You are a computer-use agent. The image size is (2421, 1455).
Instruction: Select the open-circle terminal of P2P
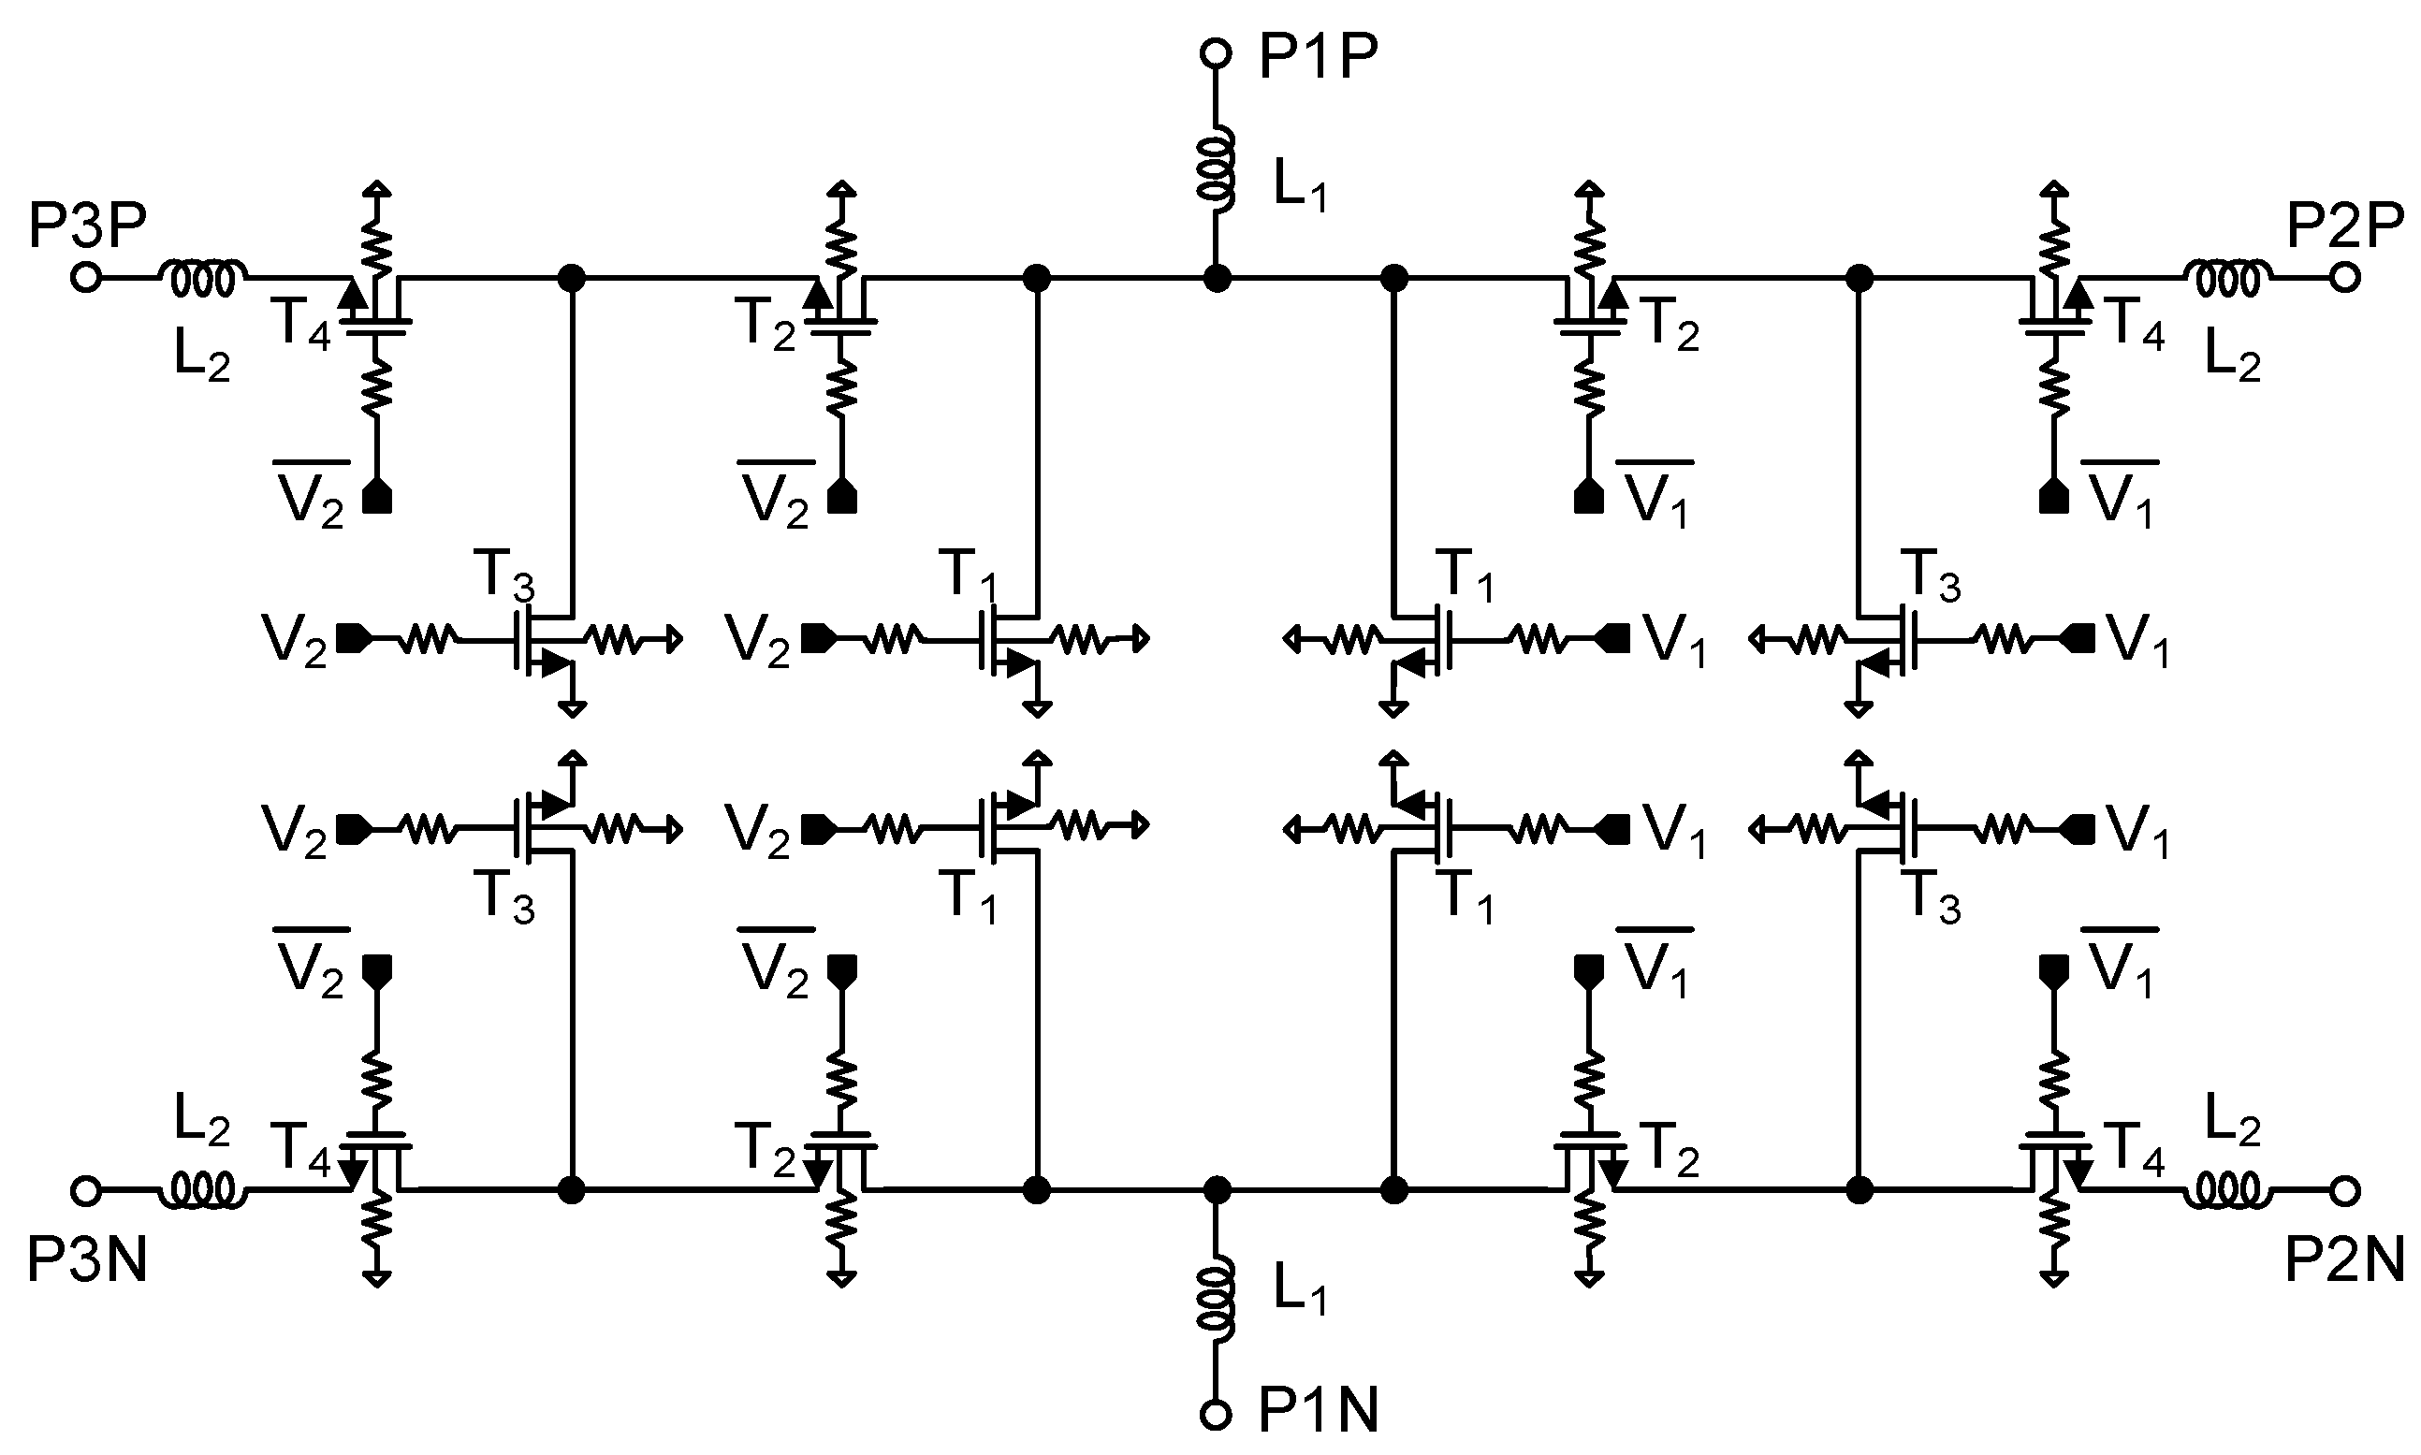(x=2344, y=279)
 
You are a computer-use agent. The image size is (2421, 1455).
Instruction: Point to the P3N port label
(x=86, y=1259)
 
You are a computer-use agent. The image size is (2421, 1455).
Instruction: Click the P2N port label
(x=2343, y=1259)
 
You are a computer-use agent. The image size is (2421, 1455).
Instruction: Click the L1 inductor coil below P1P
(x=1217, y=172)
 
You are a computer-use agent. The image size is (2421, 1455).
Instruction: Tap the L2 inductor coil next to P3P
(x=203, y=279)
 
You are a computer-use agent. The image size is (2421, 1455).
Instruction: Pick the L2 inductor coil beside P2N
(x=2228, y=1190)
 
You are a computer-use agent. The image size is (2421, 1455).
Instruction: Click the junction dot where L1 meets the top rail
(x=1216, y=279)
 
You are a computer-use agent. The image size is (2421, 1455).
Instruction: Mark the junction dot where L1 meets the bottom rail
(x=1216, y=1190)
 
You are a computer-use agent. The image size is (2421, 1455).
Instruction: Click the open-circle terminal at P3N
(x=86, y=1190)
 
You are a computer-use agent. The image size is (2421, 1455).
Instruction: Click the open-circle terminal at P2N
(x=2344, y=1190)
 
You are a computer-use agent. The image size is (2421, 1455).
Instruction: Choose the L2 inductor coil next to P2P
(x=2228, y=279)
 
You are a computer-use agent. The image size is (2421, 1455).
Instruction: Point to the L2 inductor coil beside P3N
(x=203, y=1190)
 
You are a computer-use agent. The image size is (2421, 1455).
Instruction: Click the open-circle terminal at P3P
(x=86, y=279)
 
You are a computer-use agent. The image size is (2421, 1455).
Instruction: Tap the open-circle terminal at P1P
(x=1215, y=54)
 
